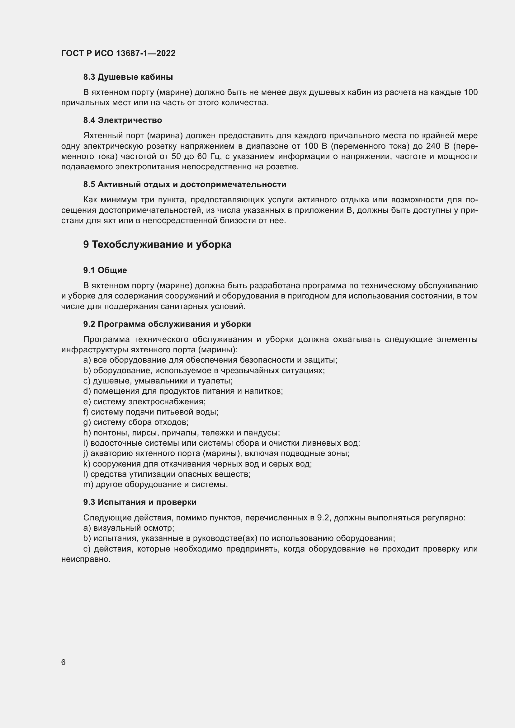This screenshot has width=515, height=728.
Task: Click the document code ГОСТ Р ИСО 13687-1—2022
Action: tap(118, 53)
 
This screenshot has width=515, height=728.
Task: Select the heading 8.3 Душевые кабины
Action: tap(128, 77)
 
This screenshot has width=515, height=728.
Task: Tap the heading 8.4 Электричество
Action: tap(122, 120)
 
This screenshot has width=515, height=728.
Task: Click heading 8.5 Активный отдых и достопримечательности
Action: tap(185, 184)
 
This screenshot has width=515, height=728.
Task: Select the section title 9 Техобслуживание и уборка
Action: tap(157, 244)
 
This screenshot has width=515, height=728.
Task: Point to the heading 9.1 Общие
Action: tap(105, 270)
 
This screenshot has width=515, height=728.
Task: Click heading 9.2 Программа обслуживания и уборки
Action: tap(167, 324)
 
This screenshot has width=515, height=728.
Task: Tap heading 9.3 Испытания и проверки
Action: tap(140, 502)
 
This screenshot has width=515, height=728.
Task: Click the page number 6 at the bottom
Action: tap(64, 662)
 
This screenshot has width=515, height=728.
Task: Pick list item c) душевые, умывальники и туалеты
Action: tap(158, 380)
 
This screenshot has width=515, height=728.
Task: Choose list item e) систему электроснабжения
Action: tap(144, 402)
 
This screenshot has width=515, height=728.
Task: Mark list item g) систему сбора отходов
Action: tap(136, 422)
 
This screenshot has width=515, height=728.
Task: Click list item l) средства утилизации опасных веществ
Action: tap(167, 474)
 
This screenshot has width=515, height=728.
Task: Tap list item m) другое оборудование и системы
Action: tap(155, 485)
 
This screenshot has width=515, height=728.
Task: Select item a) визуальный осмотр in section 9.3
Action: tap(129, 528)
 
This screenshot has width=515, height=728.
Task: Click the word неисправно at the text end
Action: tap(86, 559)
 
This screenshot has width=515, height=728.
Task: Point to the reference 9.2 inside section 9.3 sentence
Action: tap(323, 518)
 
